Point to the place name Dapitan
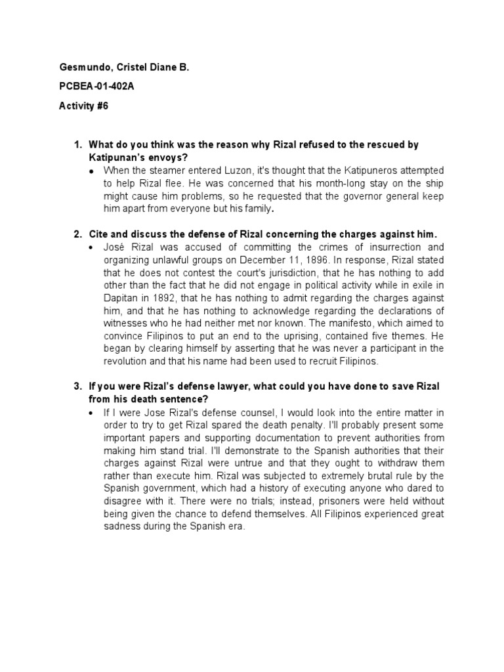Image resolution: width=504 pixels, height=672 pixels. [x=122, y=298]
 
